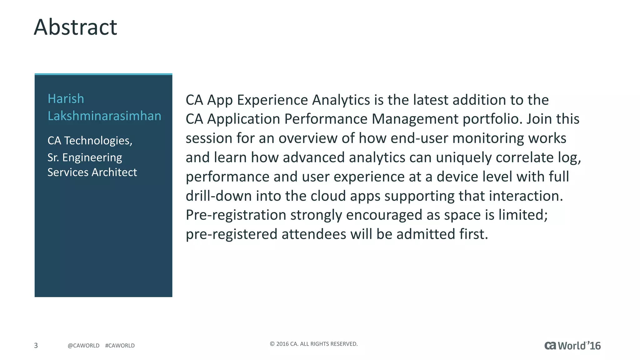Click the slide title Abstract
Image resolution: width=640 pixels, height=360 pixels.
[75, 27]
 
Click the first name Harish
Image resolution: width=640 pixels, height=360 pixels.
[66, 99]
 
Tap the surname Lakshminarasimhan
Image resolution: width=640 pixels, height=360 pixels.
[104, 116]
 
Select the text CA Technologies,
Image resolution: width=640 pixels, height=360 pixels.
[90, 141]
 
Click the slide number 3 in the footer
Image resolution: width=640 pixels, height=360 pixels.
[36, 345]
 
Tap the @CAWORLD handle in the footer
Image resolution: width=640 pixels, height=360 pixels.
[83, 346]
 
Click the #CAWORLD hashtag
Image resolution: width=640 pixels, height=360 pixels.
[120, 346]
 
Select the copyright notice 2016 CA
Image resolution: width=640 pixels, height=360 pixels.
[313, 344]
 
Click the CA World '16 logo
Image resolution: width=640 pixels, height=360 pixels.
[572, 346]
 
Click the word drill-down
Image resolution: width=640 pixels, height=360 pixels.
[218, 196]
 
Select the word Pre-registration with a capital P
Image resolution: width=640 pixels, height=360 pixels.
[236, 215]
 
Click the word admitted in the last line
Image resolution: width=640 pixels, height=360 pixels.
[426, 234]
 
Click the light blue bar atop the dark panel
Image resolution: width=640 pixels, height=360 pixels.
[103, 74]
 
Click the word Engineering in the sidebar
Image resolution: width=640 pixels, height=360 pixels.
[92, 157]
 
